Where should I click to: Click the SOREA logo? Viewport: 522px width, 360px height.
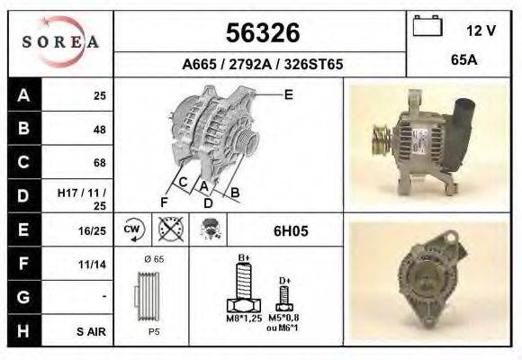(60, 42)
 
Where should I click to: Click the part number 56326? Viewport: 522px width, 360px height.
(261, 33)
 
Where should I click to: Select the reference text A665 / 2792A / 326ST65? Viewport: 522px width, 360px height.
(261, 65)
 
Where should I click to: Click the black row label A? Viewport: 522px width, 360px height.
(23, 94)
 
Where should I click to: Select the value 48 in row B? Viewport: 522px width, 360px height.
(99, 129)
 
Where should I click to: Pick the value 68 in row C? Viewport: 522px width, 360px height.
(99, 163)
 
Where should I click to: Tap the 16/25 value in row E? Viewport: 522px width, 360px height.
(92, 230)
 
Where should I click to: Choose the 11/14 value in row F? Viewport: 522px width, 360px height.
(92, 265)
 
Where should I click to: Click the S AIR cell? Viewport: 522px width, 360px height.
(91, 332)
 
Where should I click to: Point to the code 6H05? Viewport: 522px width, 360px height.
(291, 230)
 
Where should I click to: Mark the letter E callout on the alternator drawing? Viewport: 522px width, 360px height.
(288, 94)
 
